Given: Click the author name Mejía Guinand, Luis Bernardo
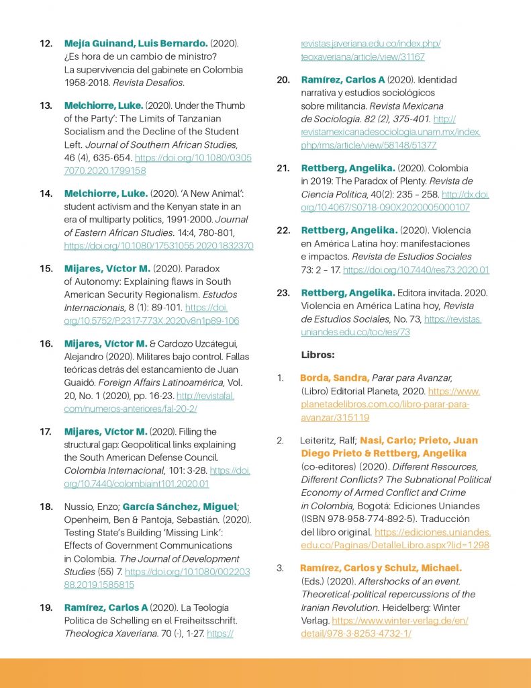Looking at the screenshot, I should [136, 44].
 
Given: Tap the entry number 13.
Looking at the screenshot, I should [46, 105].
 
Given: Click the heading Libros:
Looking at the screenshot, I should [318, 354].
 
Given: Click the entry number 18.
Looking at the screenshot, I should [46, 507].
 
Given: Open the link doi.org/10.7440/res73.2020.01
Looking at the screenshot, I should [416, 270].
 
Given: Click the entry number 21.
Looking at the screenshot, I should [283, 168].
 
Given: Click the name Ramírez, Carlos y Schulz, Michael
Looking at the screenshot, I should [381, 568].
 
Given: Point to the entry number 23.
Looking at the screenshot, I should [283, 292].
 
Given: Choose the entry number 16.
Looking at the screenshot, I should [46, 343].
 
